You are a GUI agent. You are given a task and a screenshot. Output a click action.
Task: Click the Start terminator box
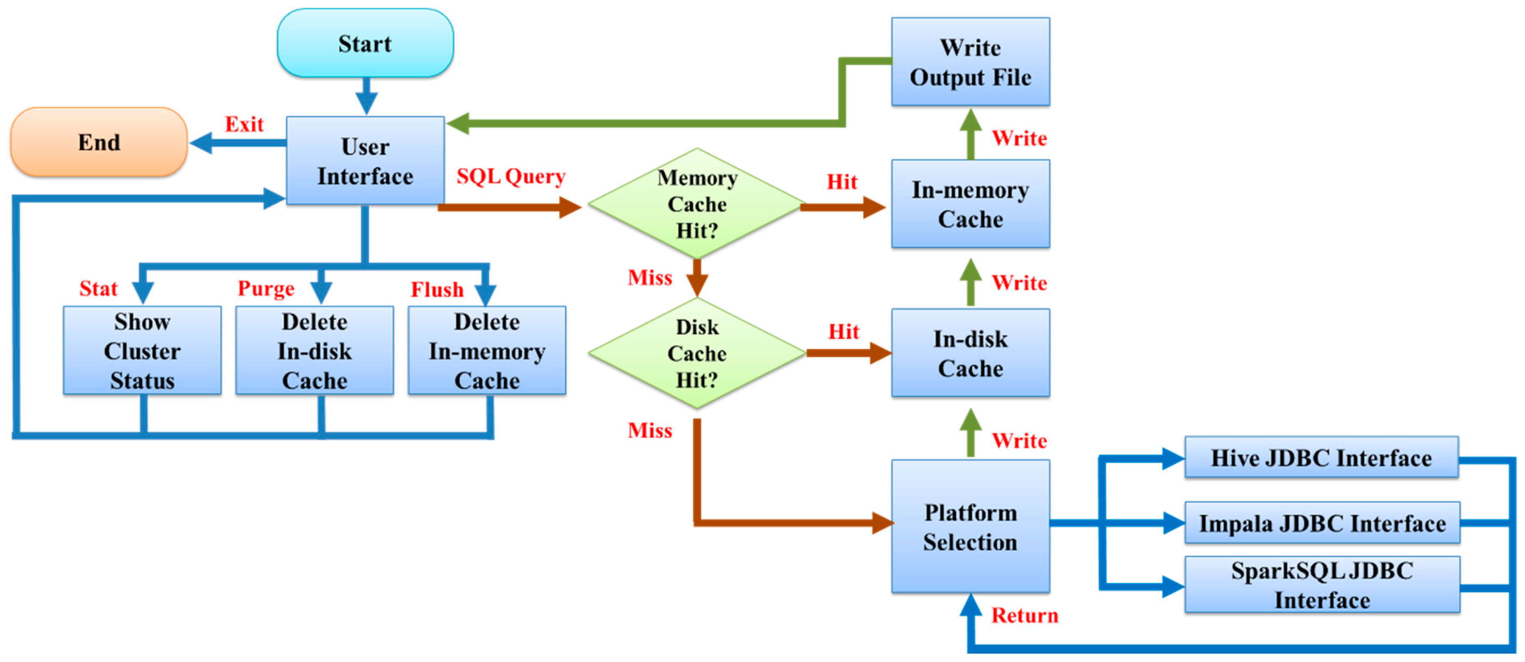[365, 43]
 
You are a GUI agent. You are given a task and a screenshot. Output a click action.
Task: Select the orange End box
[99, 142]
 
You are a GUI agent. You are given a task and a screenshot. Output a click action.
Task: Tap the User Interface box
[365, 161]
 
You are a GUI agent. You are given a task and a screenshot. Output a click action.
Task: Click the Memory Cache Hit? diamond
[697, 204]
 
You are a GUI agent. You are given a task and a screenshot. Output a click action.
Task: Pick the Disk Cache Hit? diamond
[697, 353]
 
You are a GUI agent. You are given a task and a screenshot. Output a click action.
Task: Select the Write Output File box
[970, 62]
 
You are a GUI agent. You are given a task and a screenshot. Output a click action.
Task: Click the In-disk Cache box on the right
[970, 353]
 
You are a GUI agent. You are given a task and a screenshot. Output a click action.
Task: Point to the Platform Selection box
[970, 527]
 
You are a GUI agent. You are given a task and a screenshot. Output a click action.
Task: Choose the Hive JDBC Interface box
[1321, 458]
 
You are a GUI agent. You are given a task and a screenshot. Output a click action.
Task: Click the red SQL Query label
[510, 176]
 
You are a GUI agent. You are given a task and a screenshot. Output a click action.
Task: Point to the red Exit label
[244, 124]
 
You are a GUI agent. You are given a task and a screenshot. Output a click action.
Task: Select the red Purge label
[266, 289]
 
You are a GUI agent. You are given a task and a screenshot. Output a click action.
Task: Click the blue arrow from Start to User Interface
[366, 95]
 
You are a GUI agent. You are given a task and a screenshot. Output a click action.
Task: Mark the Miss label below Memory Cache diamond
[650, 277]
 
